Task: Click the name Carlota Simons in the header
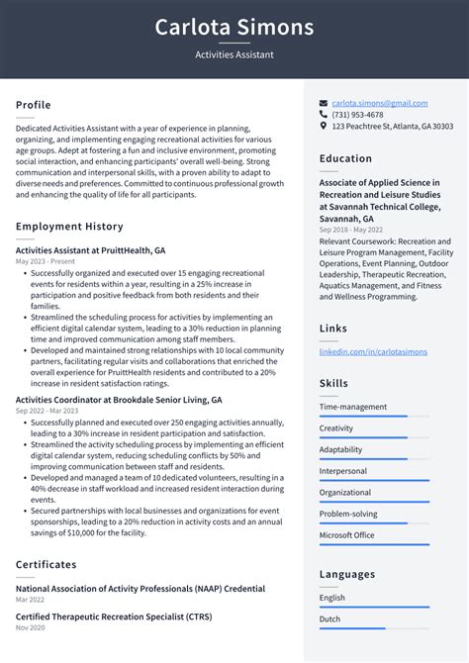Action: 234,27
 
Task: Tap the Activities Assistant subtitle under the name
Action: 234,55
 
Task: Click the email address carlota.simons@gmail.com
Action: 380,103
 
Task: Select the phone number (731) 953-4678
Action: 357,115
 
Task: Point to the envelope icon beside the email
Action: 324,103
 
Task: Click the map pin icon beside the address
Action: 324,127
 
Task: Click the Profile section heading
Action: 34,105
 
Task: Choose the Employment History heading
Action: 68,227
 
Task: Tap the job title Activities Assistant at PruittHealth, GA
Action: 90,250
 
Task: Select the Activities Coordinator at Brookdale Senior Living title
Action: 119,400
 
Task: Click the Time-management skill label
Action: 353,407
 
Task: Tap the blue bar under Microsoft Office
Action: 363,545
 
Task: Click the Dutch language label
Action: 331,619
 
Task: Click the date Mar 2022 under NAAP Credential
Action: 30,600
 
